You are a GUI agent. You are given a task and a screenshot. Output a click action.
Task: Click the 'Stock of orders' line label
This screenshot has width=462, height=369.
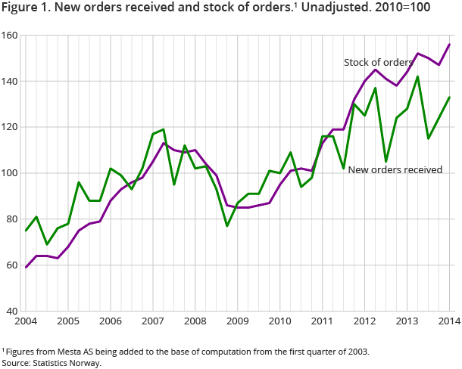(378, 62)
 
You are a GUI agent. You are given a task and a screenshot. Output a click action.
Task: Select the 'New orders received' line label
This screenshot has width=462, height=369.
(395, 170)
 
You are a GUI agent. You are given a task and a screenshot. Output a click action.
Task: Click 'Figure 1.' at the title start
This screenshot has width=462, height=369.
(27, 11)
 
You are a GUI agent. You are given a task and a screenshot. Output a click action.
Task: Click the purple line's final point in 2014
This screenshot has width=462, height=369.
(450, 45)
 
